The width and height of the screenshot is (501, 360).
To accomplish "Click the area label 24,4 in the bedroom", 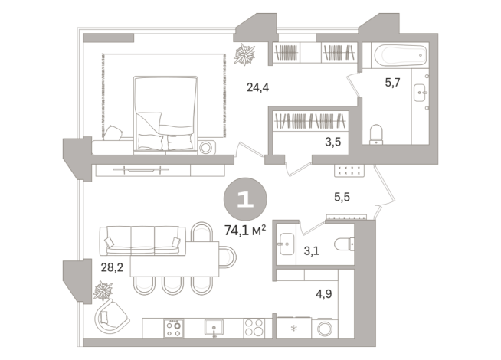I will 257,87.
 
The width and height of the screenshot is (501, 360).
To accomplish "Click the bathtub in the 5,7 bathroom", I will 398,55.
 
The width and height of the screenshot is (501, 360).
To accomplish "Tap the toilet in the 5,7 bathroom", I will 376,135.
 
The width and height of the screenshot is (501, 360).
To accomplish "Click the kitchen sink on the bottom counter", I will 214,327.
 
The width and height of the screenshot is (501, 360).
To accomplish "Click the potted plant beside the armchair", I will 103,291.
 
